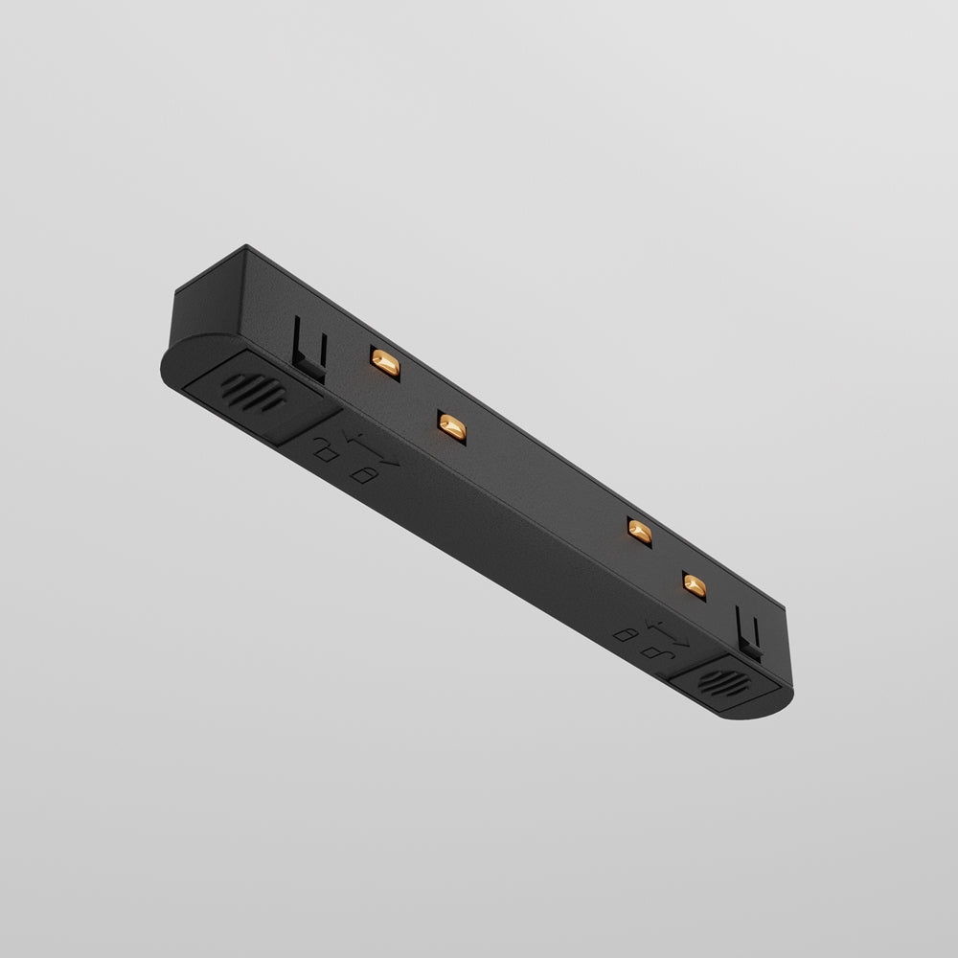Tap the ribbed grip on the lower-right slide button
[713, 683]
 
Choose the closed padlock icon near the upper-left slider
[362, 474]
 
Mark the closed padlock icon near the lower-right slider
[628, 633]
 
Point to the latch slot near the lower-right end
[751, 633]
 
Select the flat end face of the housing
[206, 296]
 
